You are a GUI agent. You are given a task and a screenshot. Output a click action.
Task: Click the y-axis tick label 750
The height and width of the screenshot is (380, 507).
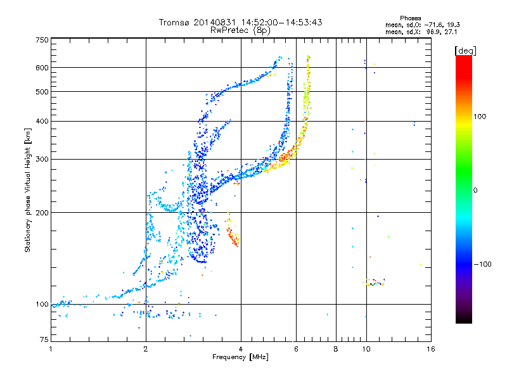coord(42,39)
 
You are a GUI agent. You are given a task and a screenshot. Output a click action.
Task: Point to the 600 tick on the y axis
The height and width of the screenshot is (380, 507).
coord(42,67)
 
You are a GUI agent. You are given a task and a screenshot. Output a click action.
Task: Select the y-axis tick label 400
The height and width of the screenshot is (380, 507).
coord(42,121)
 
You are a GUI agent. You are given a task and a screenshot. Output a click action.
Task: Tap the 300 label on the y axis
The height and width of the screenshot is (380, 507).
coord(42,159)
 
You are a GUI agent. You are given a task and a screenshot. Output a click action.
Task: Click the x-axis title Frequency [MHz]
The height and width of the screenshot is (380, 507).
coord(241,358)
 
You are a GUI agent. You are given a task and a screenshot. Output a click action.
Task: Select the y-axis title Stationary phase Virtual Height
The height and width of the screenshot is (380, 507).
coord(28,190)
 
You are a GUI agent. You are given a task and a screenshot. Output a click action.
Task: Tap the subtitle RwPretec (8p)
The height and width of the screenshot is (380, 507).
coord(241,30)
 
